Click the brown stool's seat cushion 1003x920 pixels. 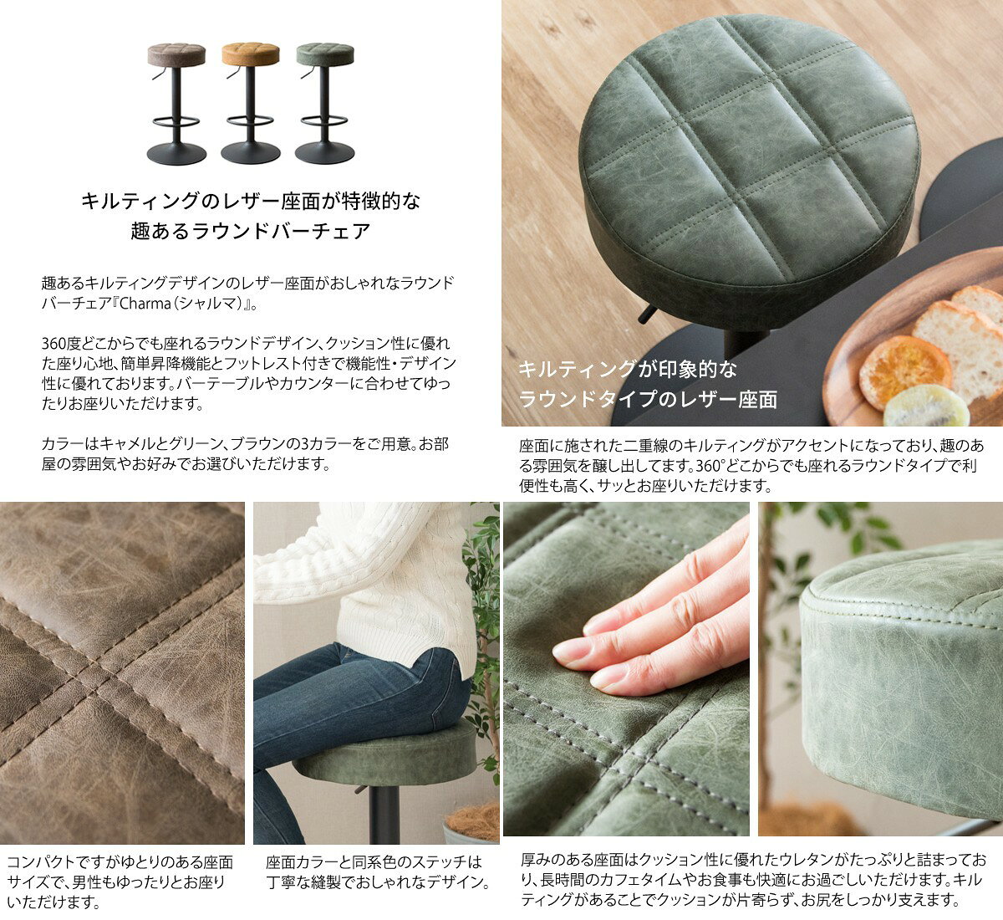pos(176,54)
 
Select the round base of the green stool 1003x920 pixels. pos(324,153)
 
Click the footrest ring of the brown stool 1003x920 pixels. pos(176,121)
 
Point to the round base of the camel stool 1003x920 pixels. pos(251,153)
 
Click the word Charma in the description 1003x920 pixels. pos(145,304)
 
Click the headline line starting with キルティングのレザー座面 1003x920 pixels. pos(251,202)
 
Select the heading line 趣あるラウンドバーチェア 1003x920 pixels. pos(251,231)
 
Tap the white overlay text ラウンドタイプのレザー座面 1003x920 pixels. pos(648,400)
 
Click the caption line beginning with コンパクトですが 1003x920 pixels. pos(120,862)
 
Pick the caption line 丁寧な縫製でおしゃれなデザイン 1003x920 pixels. pos(378,882)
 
